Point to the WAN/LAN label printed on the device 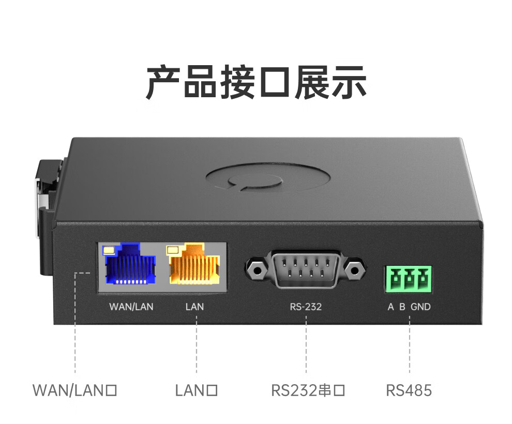[131, 307]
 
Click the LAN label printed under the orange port [194, 307]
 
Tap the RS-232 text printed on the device [306, 307]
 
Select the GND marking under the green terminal [420, 307]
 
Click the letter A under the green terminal [391, 307]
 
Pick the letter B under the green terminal [402, 307]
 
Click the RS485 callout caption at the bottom [409, 390]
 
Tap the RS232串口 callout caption [308, 390]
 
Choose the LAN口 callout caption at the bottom [196, 390]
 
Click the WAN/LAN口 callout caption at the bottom [75, 390]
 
